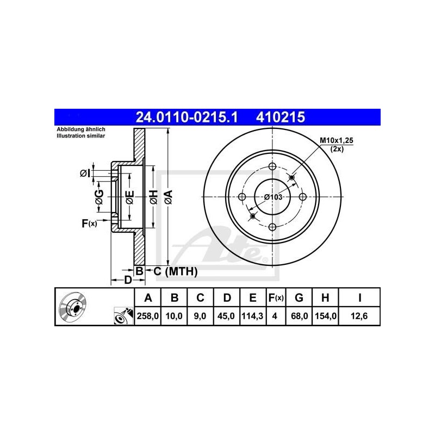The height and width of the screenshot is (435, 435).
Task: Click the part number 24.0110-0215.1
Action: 182,116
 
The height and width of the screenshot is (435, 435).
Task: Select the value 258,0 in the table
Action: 147,315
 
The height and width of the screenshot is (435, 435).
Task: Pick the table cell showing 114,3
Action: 252,315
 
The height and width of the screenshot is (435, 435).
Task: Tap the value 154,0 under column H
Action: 325,315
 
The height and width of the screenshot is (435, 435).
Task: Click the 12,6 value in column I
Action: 359,315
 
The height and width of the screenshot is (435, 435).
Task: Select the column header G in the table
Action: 299,298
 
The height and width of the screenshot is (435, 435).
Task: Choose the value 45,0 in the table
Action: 227,315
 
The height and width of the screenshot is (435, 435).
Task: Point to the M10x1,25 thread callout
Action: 336,141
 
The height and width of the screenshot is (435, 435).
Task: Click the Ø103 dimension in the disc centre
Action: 273,197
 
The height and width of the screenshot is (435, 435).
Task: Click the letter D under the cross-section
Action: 127,280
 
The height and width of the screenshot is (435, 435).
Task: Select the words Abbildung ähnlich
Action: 81,129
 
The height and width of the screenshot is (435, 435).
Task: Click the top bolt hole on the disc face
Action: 272,168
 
